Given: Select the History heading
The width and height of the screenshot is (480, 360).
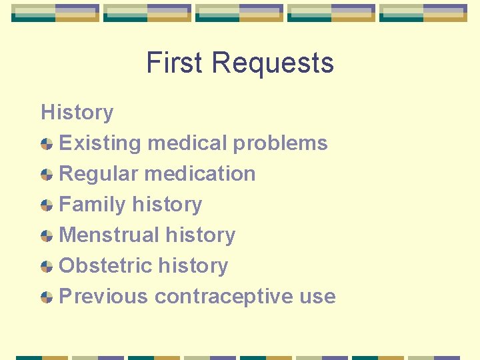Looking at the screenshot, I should coord(77,112).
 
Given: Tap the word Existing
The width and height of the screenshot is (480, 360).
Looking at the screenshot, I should coord(100,143).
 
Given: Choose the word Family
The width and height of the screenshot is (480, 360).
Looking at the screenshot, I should coord(93,204).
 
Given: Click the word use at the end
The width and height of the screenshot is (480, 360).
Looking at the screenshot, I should coord(317,297).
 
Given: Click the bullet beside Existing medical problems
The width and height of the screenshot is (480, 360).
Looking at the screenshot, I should coord(47,143).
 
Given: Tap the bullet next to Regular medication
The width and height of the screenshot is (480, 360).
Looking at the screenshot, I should coord(47,174).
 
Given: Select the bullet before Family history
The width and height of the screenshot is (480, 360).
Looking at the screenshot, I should coord(47,205).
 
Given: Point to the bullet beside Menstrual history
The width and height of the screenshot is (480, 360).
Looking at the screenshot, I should coord(47,235).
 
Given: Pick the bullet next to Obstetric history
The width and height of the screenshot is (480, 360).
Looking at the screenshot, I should coord(47,266).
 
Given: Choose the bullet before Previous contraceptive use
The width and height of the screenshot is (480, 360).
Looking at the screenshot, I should coord(47,297).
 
